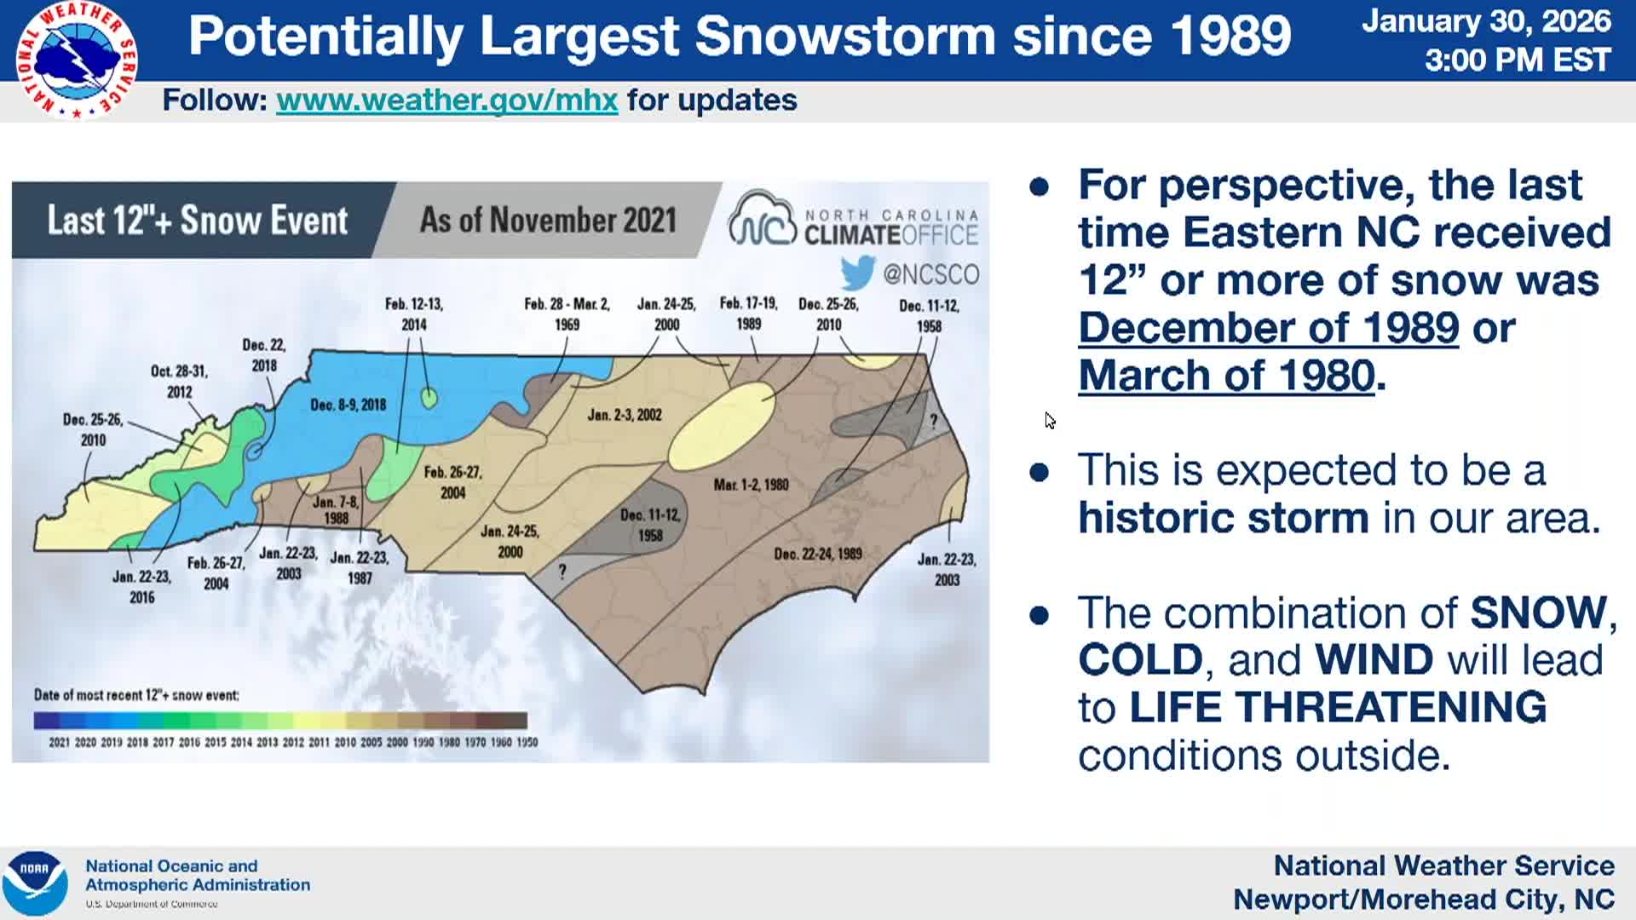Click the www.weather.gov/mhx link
(446, 101)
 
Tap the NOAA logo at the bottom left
(34, 883)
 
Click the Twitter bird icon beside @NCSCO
(857, 273)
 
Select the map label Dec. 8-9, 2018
(348, 405)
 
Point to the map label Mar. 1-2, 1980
(751, 485)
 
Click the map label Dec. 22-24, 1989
(817, 554)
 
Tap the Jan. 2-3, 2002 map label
(624, 415)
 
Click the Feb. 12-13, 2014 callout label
(413, 313)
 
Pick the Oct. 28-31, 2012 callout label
(179, 381)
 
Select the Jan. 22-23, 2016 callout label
(141, 587)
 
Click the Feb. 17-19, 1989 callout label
(748, 313)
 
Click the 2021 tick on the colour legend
(59, 742)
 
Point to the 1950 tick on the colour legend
(527, 742)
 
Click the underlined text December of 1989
(1268, 328)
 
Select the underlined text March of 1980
(1226, 376)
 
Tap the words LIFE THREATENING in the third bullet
(1337, 707)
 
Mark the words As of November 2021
(548, 220)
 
